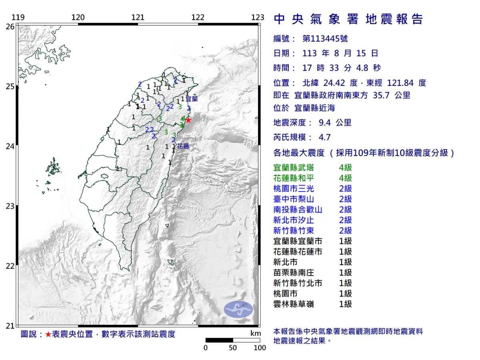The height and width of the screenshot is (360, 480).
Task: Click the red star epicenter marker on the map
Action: tap(188, 120)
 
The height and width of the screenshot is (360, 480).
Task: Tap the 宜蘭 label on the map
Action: tap(192, 98)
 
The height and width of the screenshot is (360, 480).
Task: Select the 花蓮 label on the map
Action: tap(183, 146)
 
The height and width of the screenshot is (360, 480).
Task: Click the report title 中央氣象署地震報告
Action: tap(348, 19)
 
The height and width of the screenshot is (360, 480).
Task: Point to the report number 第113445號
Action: tap(325, 39)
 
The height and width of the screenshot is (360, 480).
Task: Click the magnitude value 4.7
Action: tap(324, 138)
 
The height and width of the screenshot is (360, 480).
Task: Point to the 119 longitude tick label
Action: tap(18, 18)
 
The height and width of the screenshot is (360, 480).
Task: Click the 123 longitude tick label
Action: tap(258, 18)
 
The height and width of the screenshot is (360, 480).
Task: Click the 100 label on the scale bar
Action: tap(260, 348)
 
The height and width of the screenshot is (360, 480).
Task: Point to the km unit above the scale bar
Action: tap(256, 334)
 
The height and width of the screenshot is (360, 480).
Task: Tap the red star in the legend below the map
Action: tap(48, 334)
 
